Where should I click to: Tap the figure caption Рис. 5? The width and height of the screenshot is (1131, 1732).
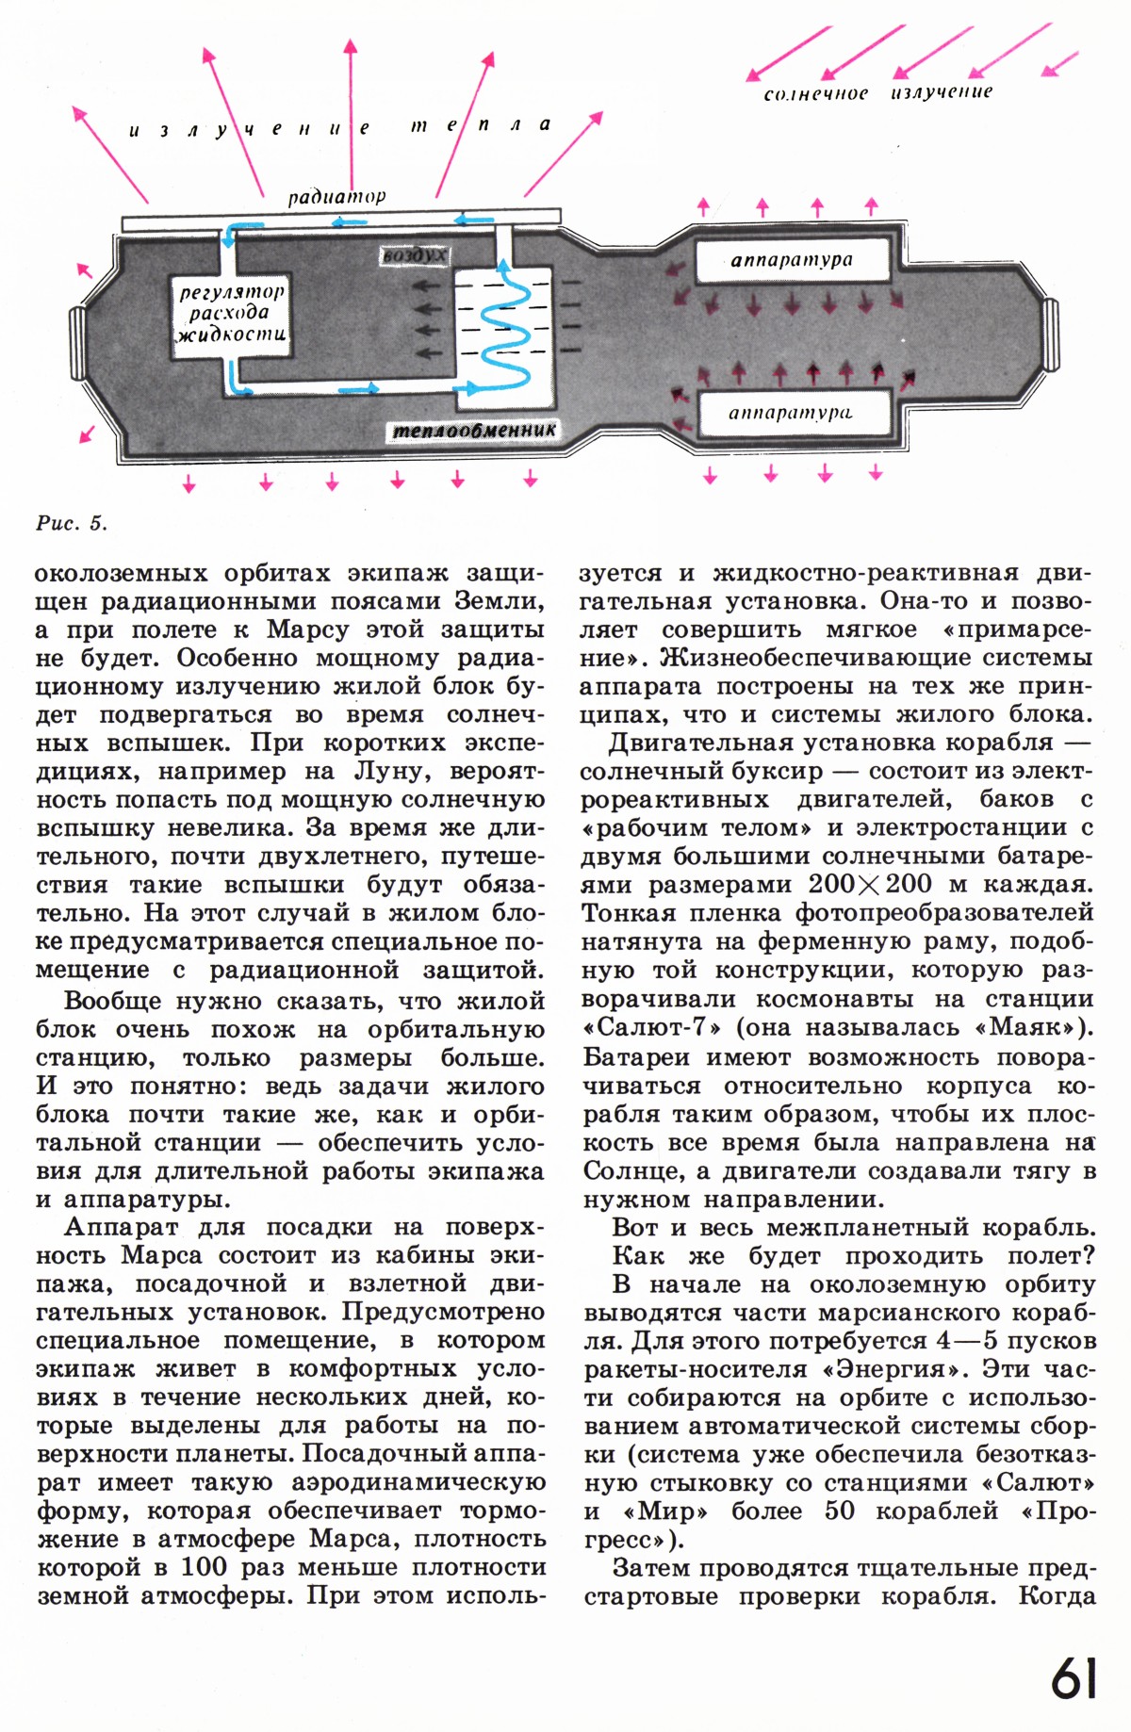pos(72,523)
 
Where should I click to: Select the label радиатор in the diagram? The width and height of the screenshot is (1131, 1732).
pos(336,197)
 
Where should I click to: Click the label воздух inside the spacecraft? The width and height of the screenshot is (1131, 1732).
pos(414,256)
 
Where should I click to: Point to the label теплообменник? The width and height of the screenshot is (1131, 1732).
pos(474,430)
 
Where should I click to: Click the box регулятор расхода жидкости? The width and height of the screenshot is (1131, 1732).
pos(231,315)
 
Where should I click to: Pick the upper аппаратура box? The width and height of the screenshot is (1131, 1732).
pos(792,261)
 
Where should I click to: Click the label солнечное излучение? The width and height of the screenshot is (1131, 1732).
pos(877,92)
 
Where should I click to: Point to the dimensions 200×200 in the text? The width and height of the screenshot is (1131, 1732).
pos(870,884)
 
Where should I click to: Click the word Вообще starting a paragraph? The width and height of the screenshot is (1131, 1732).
pos(114,1000)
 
